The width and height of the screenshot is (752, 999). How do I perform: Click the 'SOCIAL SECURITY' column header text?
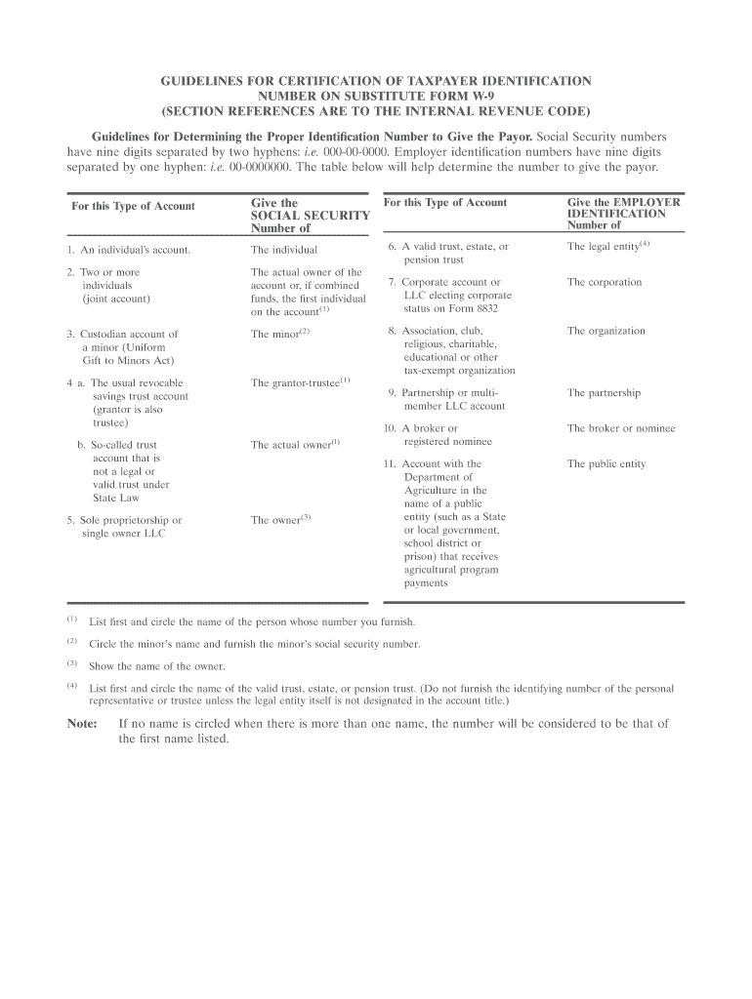click(310, 215)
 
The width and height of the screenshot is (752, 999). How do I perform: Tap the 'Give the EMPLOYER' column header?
click(624, 203)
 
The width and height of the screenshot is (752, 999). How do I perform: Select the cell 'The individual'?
click(283, 250)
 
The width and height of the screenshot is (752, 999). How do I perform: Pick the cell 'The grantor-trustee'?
click(296, 382)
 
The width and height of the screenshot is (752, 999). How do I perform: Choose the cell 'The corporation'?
click(605, 282)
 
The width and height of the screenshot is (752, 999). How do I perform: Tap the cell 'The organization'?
click(606, 331)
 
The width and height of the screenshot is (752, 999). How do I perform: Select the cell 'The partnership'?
click(604, 393)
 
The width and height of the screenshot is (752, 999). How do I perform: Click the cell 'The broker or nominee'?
click(621, 428)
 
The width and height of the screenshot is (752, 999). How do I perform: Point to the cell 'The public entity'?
click(606, 463)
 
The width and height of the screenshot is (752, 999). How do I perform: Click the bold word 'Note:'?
click(82, 724)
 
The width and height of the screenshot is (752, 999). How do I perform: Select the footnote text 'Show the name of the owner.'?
click(157, 666)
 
